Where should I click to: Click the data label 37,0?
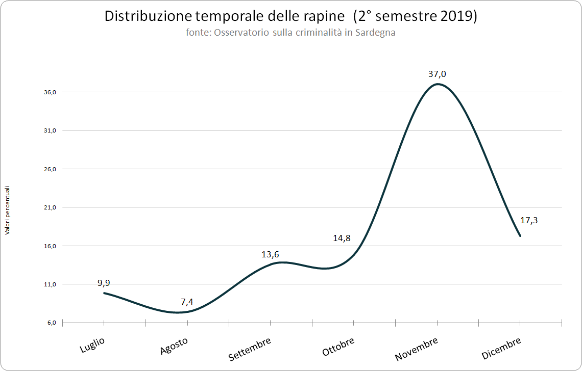pos(438,74)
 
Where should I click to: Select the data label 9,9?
pos(104,283)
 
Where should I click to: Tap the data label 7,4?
pos(187,302)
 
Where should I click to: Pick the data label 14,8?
pos(342,238)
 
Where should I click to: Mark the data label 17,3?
pos(529,221)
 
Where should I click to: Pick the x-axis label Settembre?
pos(249,349)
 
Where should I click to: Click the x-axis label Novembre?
pos(416,349)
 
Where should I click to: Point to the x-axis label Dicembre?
pos(501,348)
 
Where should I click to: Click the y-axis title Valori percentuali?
pos(8,210)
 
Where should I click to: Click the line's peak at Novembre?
pos(438,84)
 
